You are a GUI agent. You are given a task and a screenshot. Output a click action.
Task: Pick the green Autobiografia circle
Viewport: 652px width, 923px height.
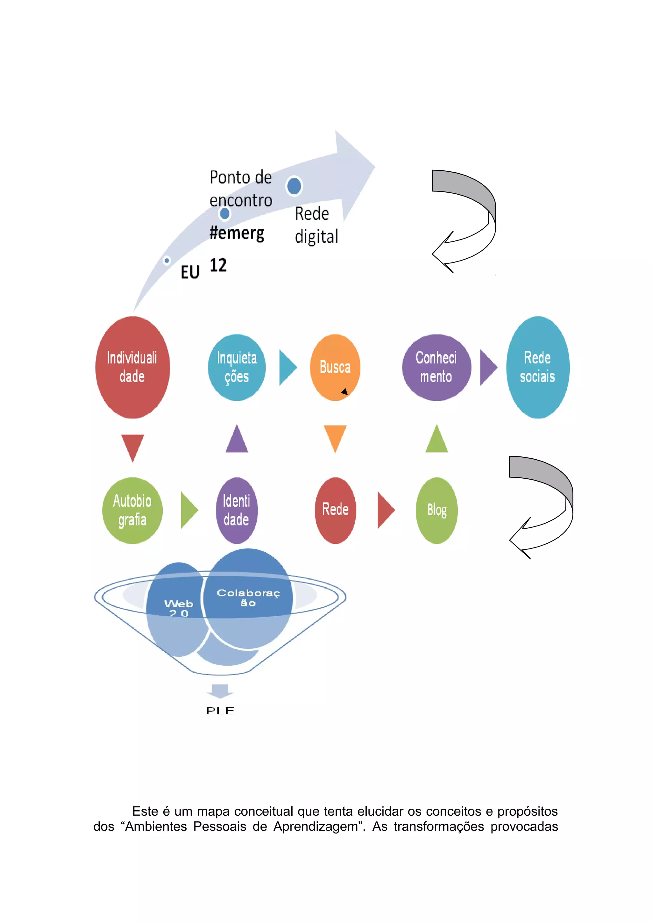(x=132, y=510)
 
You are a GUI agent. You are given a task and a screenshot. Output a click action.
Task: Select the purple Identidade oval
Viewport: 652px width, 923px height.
(x=237, y=510)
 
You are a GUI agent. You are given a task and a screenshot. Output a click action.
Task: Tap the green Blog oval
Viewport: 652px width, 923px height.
(x=437, y=510)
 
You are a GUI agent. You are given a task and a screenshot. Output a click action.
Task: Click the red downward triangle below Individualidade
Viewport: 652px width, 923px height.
(x=132, y=446)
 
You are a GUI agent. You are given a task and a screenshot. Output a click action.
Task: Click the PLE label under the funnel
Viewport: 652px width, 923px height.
(x=220, y=711)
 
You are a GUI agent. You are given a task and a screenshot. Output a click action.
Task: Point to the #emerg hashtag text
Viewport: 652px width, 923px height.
(x=237, y=233)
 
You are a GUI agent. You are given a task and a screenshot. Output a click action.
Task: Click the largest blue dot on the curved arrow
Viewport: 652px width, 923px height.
(x=294, y=186)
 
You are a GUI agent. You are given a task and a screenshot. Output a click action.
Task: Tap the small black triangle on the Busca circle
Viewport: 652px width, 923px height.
(x=344, y=391)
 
